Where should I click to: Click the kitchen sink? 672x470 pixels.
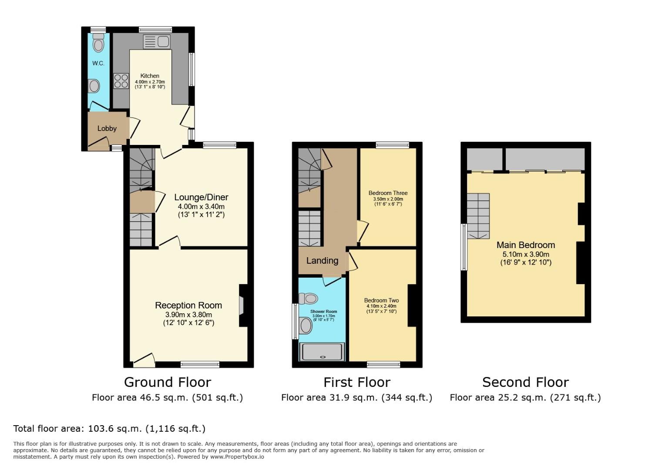[x=156, y=42]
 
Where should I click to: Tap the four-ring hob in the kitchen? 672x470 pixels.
[x=121, y=81]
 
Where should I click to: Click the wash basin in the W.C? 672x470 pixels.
[x=94, y=86]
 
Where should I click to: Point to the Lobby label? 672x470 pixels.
[x=107, y=128]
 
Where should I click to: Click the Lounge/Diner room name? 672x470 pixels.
[x=201, y=197]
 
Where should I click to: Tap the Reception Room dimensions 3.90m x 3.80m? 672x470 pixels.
[x=188, y=315]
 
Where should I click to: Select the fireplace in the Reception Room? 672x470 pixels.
[x=242, y=305]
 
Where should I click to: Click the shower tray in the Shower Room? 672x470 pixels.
[x=322, y=352]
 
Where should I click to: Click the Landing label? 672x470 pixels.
[x=322, y=261]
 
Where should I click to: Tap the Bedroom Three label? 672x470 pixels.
[x=388, y=193]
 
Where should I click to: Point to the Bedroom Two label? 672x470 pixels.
[x=381, y=300]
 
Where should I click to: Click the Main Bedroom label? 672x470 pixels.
[x=525, y=245]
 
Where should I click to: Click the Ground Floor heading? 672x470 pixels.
[x=168, y=382]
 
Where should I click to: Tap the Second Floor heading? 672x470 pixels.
[x=525, y=382]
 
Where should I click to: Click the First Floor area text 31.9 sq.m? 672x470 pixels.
[x=356, y=397]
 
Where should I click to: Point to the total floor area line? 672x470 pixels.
[x=109, y=429]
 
